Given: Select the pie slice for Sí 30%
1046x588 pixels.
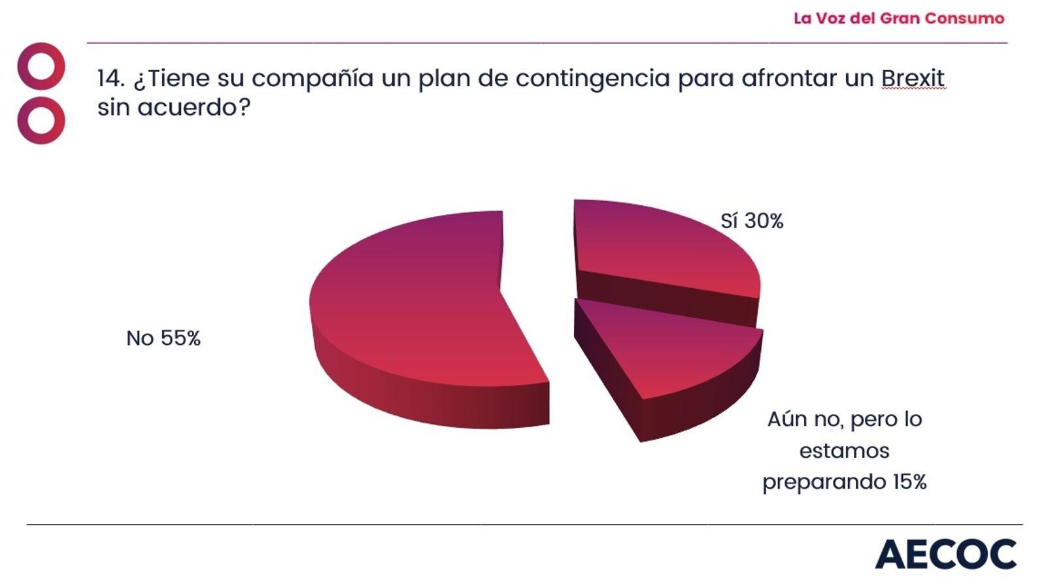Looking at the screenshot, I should pos(660,248).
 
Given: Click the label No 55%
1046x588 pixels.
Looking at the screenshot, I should pos(163,338).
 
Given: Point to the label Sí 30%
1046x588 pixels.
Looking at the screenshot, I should pos(752,221).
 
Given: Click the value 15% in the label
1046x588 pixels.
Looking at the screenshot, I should pos(909,482).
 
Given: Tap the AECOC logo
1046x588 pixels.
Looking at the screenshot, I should pos(945,555).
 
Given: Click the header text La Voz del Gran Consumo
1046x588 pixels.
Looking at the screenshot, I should pos(899,18).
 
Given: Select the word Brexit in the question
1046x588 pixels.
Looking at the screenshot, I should pos(913,78).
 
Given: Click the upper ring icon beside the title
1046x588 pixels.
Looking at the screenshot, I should pos(41,66).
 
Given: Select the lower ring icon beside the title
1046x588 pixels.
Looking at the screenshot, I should pos(41,120).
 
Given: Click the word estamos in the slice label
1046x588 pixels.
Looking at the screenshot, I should pos(844,451).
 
